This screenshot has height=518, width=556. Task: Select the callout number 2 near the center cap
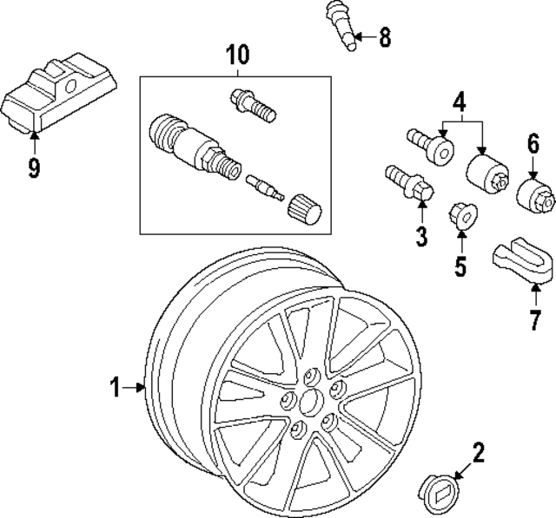tap(477, 451)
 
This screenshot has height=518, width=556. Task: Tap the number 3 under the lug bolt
tap(420, 234)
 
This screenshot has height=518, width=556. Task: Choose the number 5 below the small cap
tap(460, 265)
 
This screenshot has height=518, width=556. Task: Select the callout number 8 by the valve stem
tap(385, 36)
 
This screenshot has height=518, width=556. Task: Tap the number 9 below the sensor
tap(34, 167)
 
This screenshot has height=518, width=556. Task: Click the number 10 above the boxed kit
tap(236, 56)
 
